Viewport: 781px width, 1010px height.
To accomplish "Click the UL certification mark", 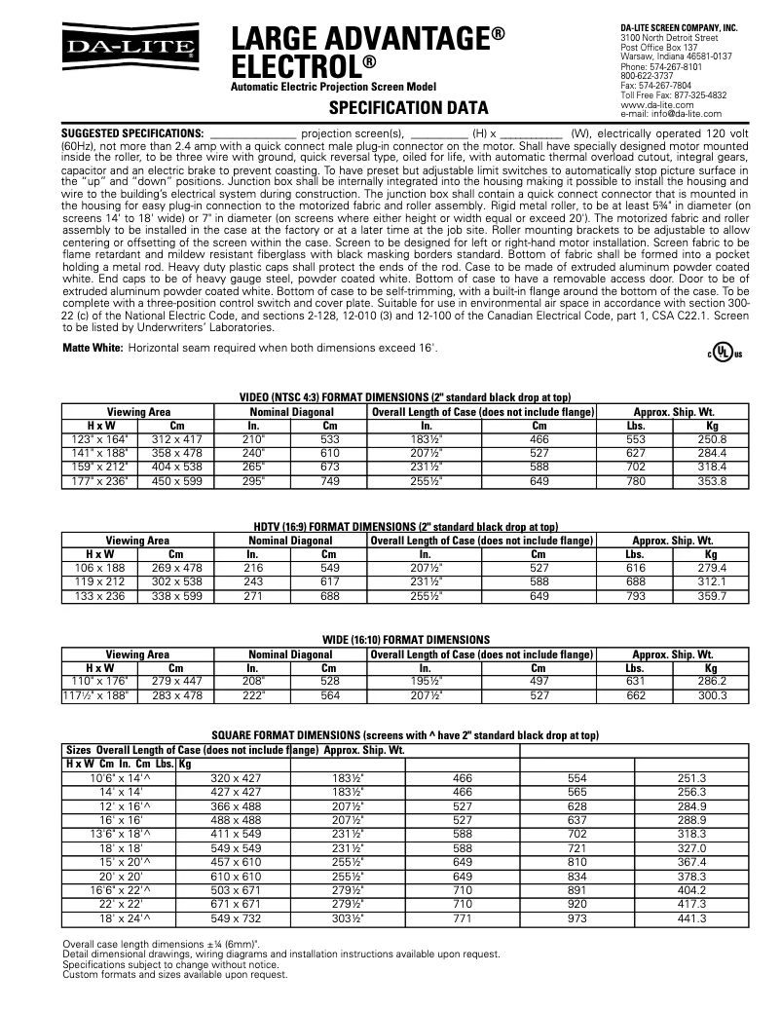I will point(723,353).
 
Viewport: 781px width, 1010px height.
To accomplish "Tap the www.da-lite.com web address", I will point(651,104).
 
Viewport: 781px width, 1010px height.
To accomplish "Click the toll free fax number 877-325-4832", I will point(673,95).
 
